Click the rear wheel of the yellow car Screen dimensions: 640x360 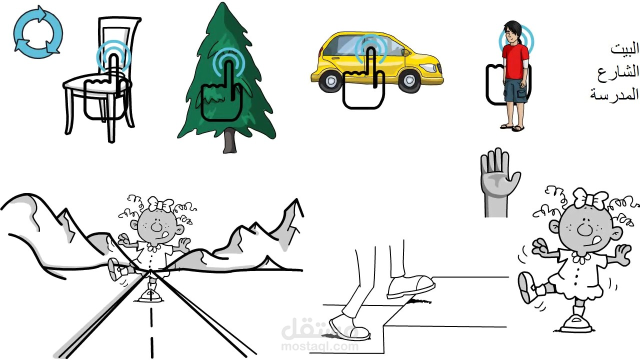[x=330, y=79]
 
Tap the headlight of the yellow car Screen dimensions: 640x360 [x=428, y=68]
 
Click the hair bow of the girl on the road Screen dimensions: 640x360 [x=160, y=204]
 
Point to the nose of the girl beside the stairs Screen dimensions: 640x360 [x=583, y=228]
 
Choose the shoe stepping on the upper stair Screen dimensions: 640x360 [x=411, y=287]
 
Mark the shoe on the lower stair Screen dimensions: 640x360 [x=349, y=328]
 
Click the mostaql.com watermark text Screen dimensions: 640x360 [x=320, y=346]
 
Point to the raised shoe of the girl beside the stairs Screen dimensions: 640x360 [x=527, y=287]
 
